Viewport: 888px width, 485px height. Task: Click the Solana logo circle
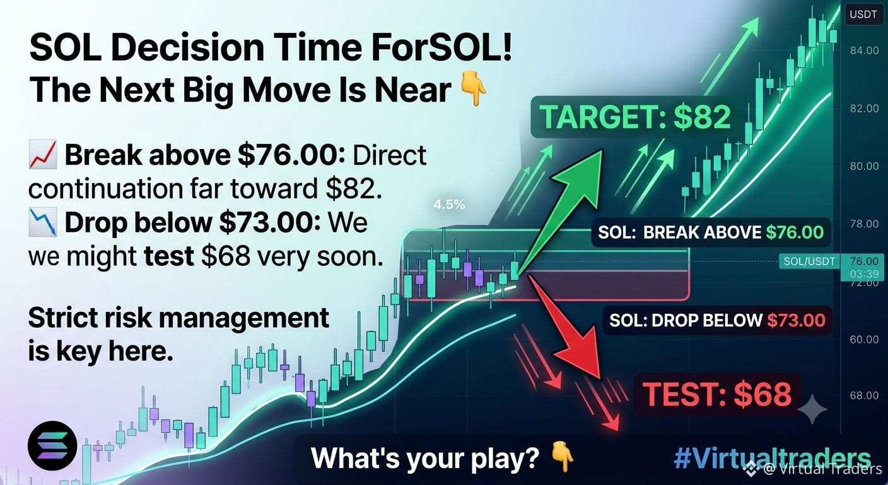pos(52,445)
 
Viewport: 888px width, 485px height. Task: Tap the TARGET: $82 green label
pos(636,117)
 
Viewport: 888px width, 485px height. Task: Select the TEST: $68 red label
pos(716,394)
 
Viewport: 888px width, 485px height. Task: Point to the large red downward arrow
pos(571,330)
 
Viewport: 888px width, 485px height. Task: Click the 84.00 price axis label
pos(864,51)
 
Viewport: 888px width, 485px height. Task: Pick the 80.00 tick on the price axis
pos(864,166)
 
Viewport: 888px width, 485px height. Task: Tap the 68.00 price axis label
pos(864,395)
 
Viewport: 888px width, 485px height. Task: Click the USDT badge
pos(863,15)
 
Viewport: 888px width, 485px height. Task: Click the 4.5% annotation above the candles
pos(449,205)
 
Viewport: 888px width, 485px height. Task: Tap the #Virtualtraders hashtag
pos(772,458)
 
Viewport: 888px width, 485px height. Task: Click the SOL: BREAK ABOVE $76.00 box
pos(711,232)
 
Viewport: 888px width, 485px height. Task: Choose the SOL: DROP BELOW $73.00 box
pos(717,320)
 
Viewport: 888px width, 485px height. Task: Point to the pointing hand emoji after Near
pos(474,90)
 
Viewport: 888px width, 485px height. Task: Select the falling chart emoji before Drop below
pos(43,222)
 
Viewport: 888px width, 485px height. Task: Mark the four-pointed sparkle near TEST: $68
pos(812,409)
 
